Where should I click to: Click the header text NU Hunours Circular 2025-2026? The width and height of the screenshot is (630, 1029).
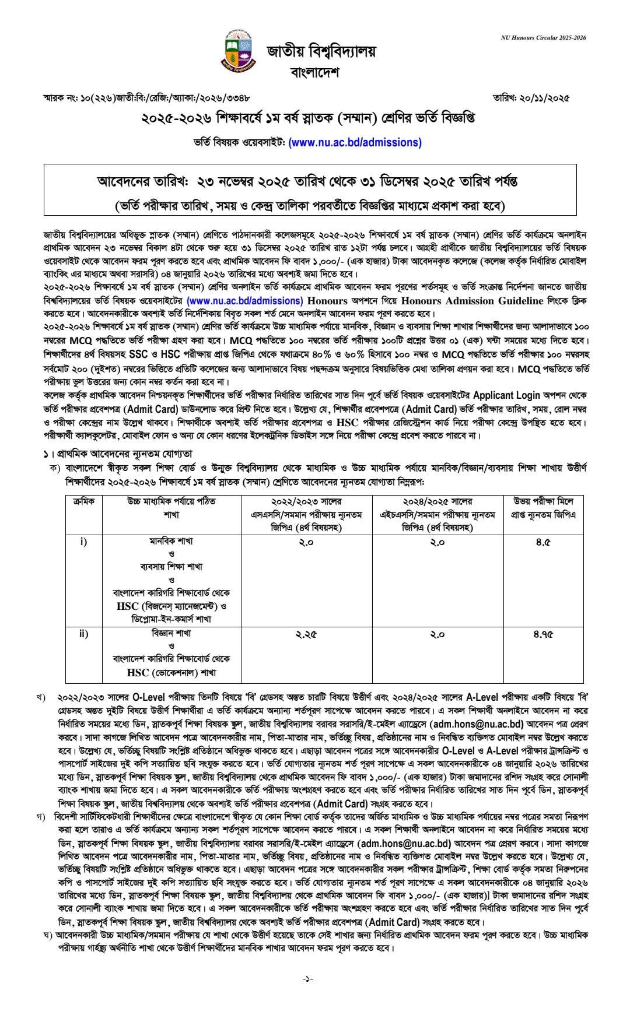tap(543, 37)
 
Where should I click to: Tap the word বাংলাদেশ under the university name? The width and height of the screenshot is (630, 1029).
tap(314, 72)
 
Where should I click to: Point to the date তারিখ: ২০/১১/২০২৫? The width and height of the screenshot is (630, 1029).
tap(531, 98)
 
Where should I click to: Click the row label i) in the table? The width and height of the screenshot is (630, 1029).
tap(83, 542)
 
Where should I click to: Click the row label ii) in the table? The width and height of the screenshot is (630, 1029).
tap(83, 634)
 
